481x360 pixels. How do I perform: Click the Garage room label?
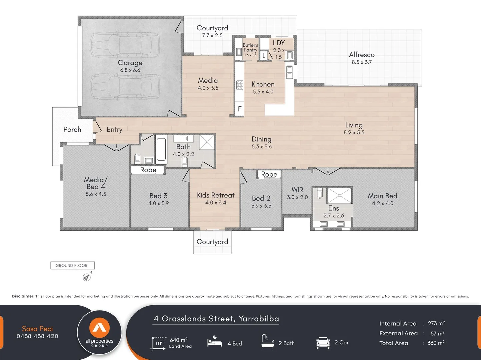[130, 63]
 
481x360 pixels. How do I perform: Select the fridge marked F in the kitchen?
[239, 109]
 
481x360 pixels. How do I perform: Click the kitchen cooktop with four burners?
[240, 85]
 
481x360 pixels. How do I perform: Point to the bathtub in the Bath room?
[161, 150]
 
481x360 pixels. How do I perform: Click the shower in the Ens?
[339, 196]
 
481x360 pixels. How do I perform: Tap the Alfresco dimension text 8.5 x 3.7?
[362, 62]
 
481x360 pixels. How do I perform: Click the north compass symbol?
[87, 277]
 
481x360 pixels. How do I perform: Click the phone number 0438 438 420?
[37, 336]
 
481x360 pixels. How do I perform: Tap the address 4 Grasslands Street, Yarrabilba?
[216, 319]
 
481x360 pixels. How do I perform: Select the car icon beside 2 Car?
[323, 343]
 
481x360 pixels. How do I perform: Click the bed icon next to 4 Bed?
[214, 342]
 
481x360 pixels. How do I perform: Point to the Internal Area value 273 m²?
[436, 323]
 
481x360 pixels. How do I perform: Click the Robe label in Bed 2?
[269, 174]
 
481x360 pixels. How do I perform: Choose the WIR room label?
[297, 190]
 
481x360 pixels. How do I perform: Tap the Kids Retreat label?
[216, 195]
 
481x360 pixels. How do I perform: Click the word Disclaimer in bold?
[23, 296]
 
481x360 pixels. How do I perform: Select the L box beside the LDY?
[264, 56]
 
